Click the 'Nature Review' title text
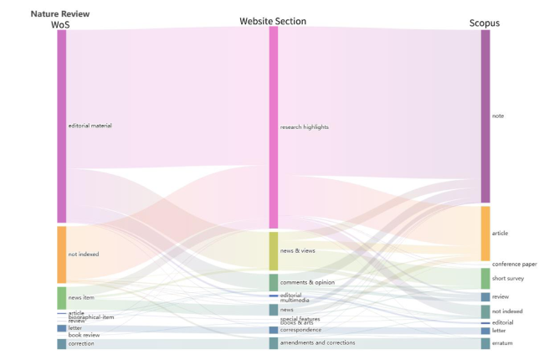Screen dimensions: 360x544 click(60, 13)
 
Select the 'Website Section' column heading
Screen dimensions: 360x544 click(273, 20)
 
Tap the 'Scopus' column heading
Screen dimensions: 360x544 click(485, 23)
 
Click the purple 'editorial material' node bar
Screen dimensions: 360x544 click(61, 126)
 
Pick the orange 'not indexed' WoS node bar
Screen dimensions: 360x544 click(61, 255)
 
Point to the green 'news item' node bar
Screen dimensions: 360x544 click(61, 298)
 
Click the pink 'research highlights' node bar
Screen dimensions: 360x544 click(273, 127)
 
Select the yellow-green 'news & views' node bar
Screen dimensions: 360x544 click(273, 251)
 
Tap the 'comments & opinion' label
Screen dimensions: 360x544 click(307, 283)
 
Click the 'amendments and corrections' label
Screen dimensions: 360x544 click(317, 343)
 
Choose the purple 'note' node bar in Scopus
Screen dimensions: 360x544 click(485, 116)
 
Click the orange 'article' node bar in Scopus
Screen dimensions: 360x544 click(485, 234)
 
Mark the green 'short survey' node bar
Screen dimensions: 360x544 click(485, 279)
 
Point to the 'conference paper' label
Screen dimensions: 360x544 click(514, 265)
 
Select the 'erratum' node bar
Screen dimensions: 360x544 click(485, 343)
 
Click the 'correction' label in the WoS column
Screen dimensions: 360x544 click(81, 344)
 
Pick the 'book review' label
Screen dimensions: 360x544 click(84, 335)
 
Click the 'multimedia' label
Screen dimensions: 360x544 click(295, 301)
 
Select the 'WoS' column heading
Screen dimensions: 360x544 click(60, 24)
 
